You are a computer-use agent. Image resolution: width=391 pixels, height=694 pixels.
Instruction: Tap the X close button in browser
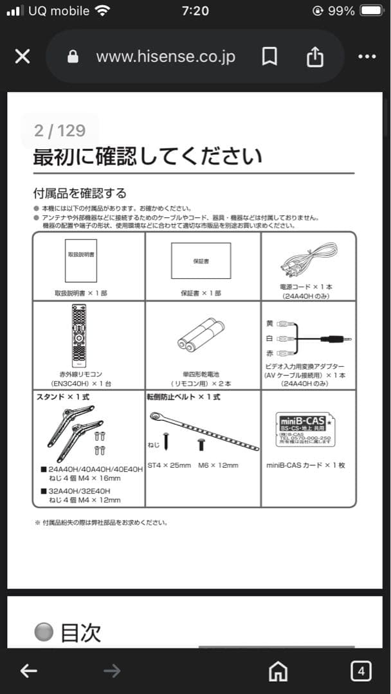click(23, 57)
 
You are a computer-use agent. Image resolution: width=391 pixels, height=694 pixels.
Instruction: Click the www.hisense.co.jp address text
click(165, 57)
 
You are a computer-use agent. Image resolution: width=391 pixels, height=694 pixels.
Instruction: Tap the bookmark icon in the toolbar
click(269, 57)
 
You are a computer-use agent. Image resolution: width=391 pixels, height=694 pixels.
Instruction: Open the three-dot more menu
click(367, 57)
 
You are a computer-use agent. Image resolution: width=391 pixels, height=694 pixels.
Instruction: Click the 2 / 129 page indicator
click(60, 130)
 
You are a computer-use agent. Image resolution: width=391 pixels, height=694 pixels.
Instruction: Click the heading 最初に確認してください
click(147, 157)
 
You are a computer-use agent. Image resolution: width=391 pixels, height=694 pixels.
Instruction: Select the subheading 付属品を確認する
click(80, 193)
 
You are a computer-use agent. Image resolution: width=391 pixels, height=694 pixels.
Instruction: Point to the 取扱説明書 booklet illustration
click(81, 260)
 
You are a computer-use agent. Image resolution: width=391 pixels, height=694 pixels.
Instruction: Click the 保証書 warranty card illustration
click(201, 260)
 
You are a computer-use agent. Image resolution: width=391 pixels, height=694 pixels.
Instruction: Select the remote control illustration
click(79, 336)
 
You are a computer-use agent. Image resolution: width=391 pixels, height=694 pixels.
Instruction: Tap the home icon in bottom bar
click(278, 672)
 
